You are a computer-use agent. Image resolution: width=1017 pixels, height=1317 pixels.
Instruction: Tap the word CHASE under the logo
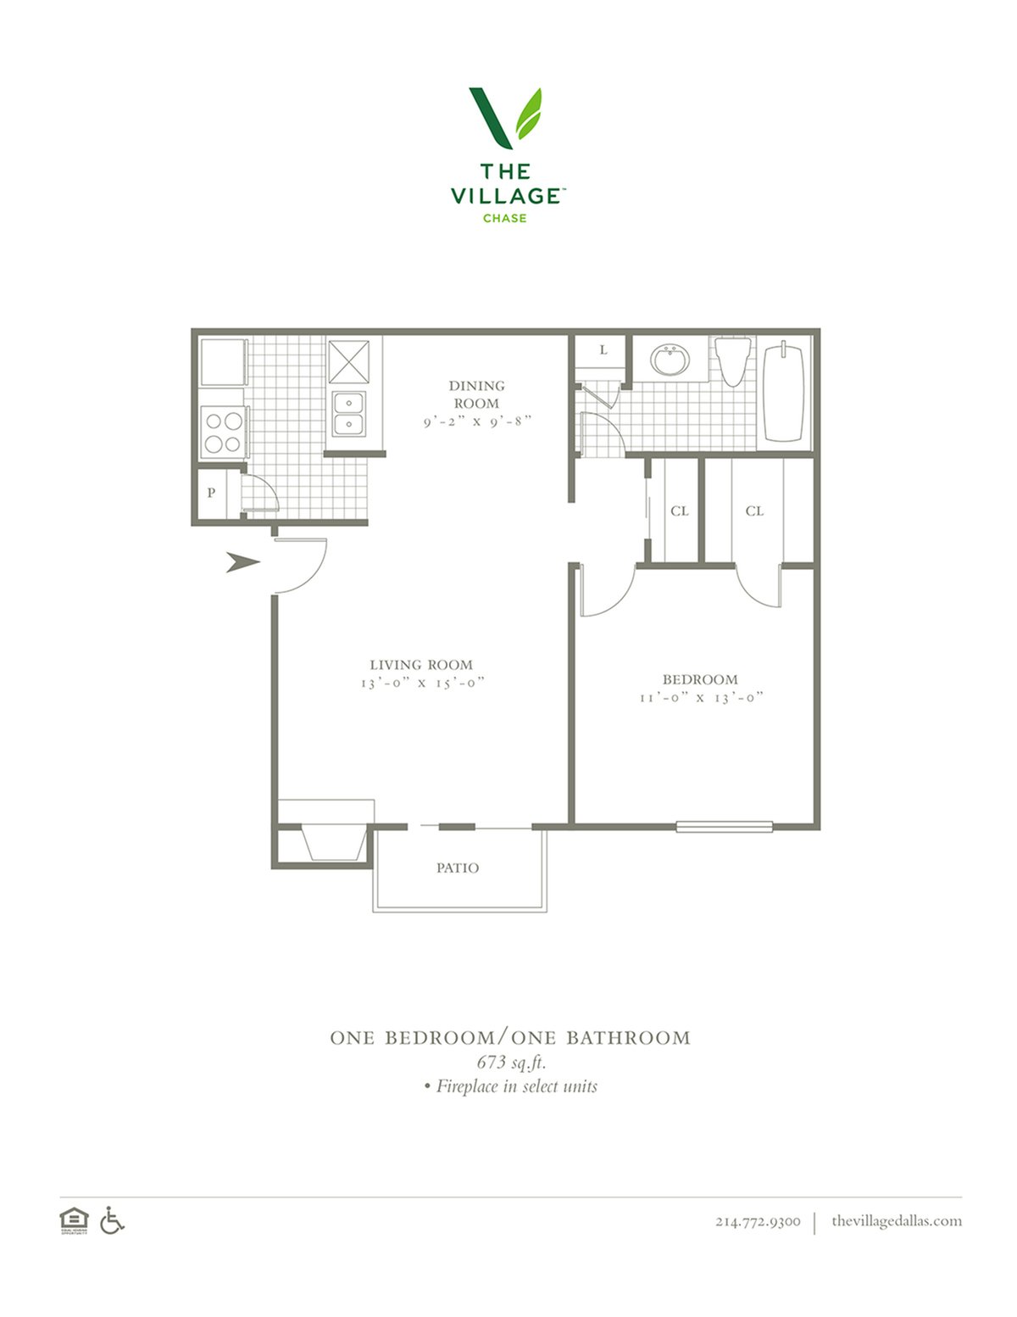point(504,218)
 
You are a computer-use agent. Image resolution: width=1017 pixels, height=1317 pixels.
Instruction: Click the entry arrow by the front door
point(243,562)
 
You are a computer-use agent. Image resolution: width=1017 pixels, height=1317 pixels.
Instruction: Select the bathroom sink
point(670,360)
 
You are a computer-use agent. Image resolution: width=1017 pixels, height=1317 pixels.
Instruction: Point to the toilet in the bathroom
point(732,361)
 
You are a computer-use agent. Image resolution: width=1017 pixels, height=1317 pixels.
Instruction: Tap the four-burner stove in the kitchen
point(224,432)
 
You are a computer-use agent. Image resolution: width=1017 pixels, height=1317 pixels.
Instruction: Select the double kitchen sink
point(349,413)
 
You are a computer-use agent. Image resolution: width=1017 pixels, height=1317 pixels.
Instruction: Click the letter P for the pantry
point(211,493)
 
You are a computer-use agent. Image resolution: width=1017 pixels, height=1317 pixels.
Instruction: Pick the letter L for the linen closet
point(603,349)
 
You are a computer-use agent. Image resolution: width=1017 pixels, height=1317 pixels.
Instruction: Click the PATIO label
point(458,868)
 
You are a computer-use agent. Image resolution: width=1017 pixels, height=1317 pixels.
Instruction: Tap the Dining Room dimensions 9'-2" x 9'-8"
point(477,421)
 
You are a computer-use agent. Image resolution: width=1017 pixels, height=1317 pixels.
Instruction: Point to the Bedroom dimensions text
point(702,697)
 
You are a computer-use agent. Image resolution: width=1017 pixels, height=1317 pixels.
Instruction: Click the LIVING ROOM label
point(421,664)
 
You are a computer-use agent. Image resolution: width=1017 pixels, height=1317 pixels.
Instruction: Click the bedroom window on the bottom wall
point(724,826)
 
